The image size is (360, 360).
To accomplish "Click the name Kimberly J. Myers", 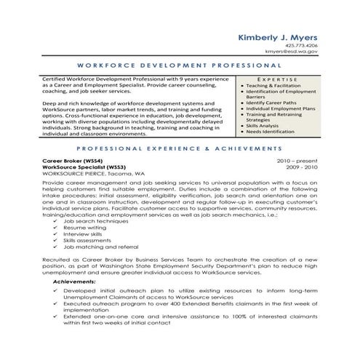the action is (277, 38).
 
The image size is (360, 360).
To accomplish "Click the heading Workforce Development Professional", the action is (180, 65).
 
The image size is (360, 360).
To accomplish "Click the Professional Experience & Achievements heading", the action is (180, 146).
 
